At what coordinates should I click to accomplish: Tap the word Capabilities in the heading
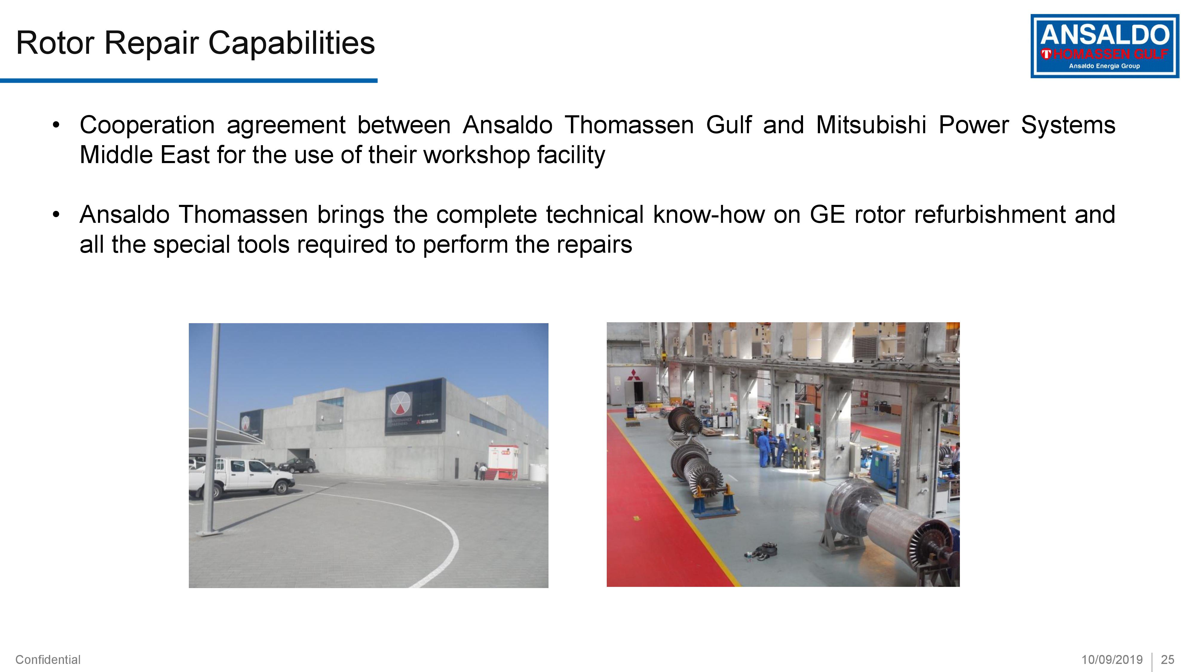coord(291,43)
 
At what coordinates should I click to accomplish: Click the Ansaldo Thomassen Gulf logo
coord(1104,46)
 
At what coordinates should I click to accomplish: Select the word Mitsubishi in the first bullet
coord(871,125)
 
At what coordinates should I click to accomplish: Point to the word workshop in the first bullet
coord(477,155)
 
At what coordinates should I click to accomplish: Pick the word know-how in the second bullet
coord(708,215)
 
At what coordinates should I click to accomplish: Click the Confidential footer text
coord(48,659)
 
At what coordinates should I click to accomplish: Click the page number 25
coord(1167,659)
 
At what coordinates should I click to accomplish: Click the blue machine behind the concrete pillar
coord(887,468)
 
